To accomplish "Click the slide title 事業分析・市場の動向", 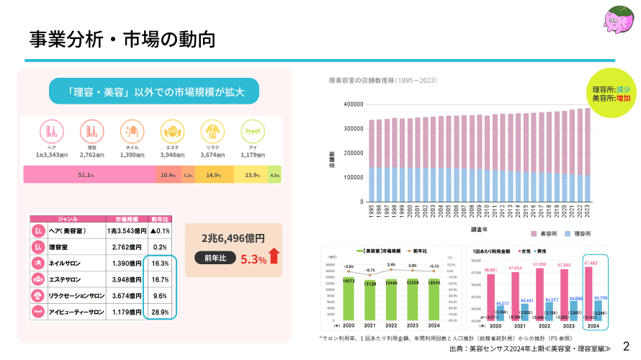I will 122,39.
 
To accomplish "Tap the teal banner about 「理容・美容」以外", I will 154,92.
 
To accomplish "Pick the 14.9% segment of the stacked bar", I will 213,175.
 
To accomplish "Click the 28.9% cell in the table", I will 160,312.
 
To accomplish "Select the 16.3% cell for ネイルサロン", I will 160,264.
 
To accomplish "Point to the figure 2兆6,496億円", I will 233,238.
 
